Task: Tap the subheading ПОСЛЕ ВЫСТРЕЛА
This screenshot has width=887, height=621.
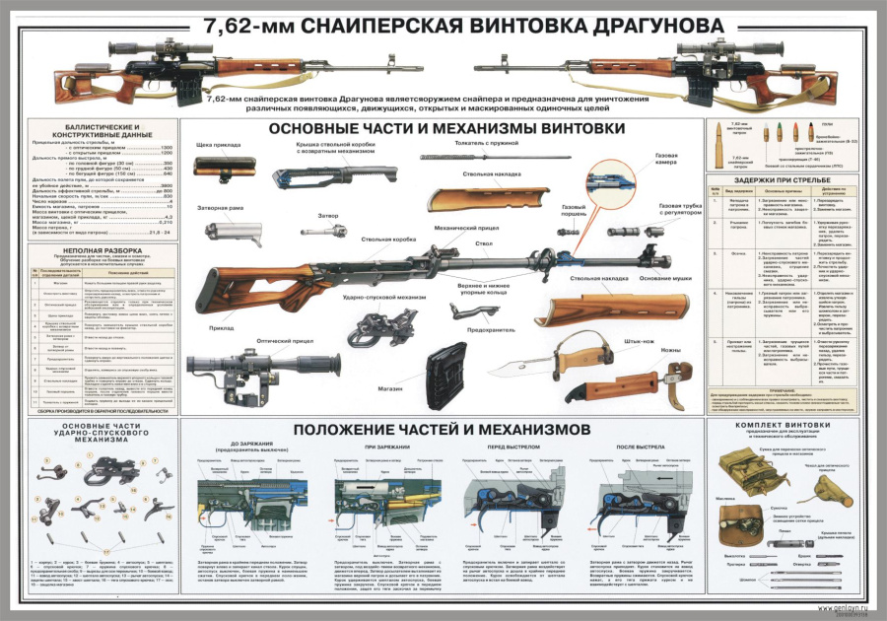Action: pyautogui.click(x=633, y=446)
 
